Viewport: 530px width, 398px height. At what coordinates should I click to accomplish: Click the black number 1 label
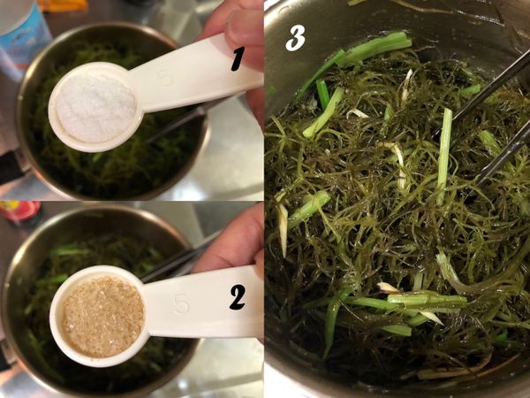click(x=236, y=60)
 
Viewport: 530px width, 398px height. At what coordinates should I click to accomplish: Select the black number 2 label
click(x=237, y=298)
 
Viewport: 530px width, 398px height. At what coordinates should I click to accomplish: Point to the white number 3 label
click(x=295, y=37)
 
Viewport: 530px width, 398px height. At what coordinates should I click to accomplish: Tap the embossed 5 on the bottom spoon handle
click(x=180, y=304)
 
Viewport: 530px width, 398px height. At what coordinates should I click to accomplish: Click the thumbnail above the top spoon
click(x=244, y=27)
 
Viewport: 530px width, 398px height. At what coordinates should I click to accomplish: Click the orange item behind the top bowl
click(x=62, y=5)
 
